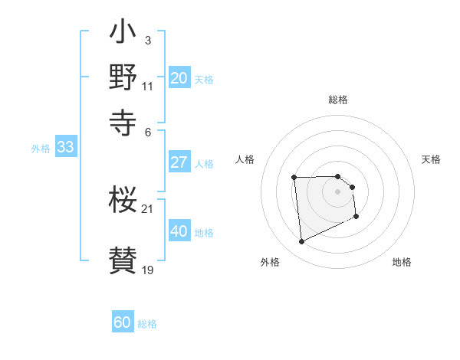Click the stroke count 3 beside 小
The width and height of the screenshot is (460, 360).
(x=147, y=40)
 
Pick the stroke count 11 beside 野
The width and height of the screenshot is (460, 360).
(x=148, y=86)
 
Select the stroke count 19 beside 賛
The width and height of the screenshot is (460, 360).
(x=148, y=270)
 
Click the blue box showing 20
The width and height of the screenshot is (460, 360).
(x=179, y=78)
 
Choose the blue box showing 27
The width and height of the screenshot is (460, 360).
(x=179, y=162)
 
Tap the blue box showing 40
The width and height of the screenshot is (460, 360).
(x=179, y=231)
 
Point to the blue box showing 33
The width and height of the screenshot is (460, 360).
(x=65, y=148)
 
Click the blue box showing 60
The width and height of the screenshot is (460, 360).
(x=122, y=323)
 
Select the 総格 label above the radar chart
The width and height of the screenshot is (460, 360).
(x=338, y=100)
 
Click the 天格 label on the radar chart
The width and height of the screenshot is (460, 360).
(x=431, y=159)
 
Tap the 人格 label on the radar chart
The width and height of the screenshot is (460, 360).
(x=245, y=159)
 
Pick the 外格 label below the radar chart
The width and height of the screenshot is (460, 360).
(x=269, y=263)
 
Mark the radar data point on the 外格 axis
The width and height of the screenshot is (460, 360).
(x=301, y=242)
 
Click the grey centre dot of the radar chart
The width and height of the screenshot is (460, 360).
(x=338, y=191)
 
